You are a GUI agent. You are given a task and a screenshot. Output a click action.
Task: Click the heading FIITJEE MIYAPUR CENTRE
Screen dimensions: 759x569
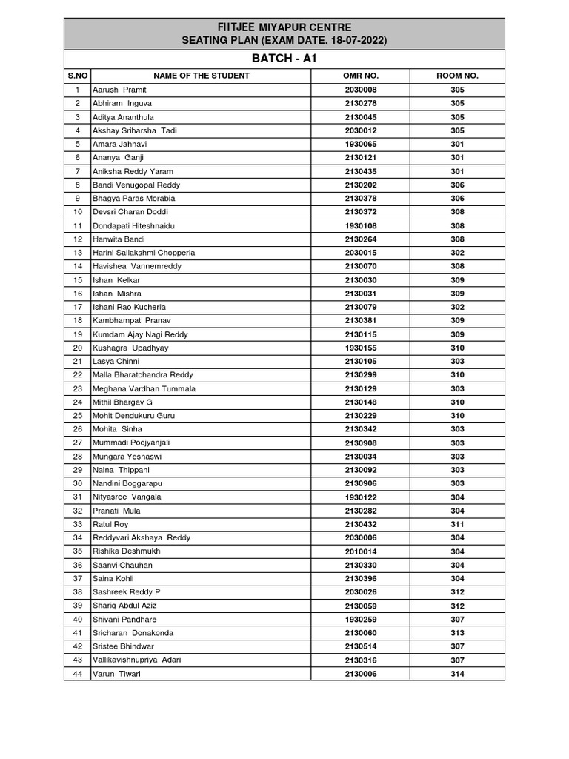pyautogui.click(x=284, y=27)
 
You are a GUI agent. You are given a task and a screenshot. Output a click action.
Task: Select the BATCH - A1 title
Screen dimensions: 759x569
pyautogui.click(x=284, y=58)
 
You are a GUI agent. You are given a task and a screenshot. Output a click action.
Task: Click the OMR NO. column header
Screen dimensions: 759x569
pyautogui.click(x=361, y=76)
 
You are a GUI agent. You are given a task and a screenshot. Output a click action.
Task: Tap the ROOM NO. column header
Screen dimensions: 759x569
pyautogui.click(x=457, y=76)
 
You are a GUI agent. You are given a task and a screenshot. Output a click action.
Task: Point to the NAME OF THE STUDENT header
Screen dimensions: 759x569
pyautogui.click(x=201, y=76)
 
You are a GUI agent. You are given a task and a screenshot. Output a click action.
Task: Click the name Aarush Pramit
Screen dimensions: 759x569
pyautogui.click(x=119, y=90)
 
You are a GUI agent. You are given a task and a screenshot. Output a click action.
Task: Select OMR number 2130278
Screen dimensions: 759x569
pyautogui.click(x=361, y=103)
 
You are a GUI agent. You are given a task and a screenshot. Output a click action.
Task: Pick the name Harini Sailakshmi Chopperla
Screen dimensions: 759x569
pyautogui.click(x=144, y=253)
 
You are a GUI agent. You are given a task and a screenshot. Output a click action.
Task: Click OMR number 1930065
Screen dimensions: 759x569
pyautogui.click(x=361, y=144)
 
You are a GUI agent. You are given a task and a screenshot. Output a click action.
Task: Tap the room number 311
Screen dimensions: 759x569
pyautogui.click(x=457, y=524)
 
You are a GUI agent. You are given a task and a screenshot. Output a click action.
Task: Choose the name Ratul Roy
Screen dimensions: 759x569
pyautogui.click(x=110, y=524)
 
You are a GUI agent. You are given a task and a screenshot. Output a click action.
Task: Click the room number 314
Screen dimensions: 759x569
pyautogui.click(x=457, y=674)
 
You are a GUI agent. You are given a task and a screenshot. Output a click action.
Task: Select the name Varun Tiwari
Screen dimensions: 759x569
pyautogui.click(x=116, y=674)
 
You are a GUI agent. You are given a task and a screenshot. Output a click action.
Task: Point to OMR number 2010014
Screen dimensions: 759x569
pyautogui.click(x=361, y=551)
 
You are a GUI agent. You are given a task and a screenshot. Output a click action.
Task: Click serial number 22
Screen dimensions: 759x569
pyautogui.click(x=77, y=375)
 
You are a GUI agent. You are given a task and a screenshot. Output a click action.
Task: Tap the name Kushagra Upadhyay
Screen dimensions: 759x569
pyautogui.click(x=130, y=348)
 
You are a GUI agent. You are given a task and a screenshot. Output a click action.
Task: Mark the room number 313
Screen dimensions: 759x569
pyautogui.click(x=457, y=633)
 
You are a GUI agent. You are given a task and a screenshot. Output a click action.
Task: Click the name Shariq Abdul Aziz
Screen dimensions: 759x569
pyautogui.click(x=124, y=606)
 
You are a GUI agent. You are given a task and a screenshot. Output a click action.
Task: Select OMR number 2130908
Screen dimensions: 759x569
pyautogui.click(x=361, y=443)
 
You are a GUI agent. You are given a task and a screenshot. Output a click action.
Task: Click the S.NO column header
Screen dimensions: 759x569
pyautogui.click(x=77, y=76)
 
